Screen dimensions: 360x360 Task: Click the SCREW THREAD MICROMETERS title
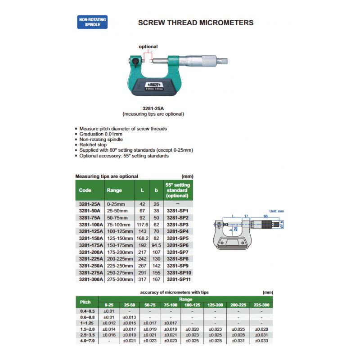pyautogui.click(x=195, y=22)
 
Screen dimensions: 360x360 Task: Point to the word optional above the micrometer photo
pyautogui.click(x=148, y=46)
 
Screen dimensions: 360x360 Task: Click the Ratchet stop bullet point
pyautogui.click(x=92, y=145)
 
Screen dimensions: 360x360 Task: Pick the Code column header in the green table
pyautogui.click(x=85, y=190)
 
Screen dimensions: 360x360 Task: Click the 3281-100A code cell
pyautogui.click(x=91, y=225)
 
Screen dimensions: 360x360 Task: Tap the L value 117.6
pyautogui.click(x=142, y=225)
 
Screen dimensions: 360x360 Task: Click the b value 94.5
pyautogui.click(x=156, y=245)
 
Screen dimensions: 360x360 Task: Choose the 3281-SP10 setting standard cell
pyautogui.click(x=179, y=273)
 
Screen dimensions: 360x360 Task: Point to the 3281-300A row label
pyautogui.click(x=91, y=279)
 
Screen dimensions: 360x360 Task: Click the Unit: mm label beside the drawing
pyautogui.click(x=277, y=211)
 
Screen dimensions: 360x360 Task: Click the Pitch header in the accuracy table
pyautogui.click(x=85, y=301)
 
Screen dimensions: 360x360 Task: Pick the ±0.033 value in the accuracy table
pyautogui.click(x=261, y=341)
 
